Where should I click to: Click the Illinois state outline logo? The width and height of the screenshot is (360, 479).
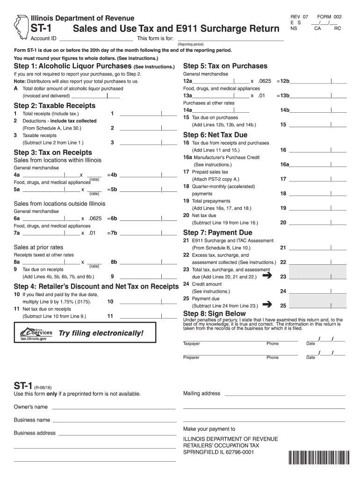20,26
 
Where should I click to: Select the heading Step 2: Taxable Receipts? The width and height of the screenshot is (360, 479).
55,106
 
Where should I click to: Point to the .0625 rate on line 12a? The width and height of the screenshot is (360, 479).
264,81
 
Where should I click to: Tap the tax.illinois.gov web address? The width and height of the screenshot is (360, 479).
34,339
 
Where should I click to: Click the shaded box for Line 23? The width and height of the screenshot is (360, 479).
318,273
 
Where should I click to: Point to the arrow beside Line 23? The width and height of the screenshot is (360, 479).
267,276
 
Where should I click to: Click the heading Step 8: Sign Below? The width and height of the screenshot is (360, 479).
214,313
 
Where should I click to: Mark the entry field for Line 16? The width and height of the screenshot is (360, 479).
318,150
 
